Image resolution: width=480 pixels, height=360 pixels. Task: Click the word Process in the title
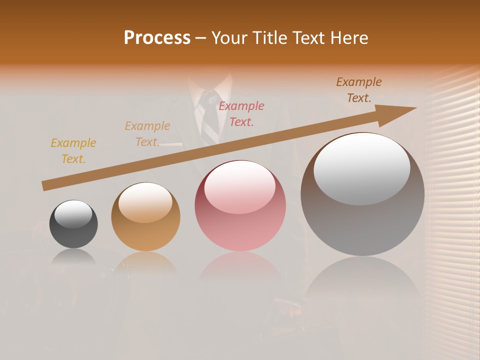point(157,38)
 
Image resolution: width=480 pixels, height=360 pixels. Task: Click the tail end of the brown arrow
point(45,185)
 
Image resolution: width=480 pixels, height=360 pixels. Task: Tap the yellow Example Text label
point(73,151)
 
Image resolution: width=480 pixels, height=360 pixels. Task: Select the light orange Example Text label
point(147,134)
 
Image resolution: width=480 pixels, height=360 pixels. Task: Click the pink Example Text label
point(241,113)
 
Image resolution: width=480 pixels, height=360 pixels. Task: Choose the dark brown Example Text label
point(359,89)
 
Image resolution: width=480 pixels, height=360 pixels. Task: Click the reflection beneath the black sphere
point(74,257)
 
